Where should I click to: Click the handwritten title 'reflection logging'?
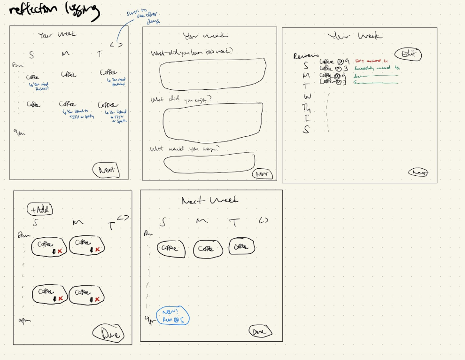tap(54, 11)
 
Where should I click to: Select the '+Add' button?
tap(41, 210)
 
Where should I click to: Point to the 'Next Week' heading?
tap(210, 201)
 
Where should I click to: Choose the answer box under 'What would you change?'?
tap(210, 162)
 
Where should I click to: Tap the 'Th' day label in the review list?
tap(307, 108)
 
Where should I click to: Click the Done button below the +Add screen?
tap(108, 333)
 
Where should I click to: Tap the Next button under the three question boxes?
tap(263, 174)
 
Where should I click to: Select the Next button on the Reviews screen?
tap(419, 172)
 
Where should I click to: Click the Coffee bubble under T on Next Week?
tap(241, 246)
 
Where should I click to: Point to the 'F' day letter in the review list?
tap(307, 119)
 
